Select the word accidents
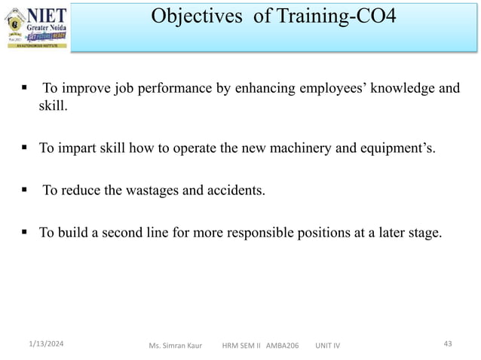click(235, 190)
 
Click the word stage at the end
click(423, 232)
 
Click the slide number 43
click(448, 343)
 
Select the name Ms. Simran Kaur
click(175, 346)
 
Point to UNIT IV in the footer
click(326, 346)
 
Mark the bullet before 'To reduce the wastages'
click(25, 190)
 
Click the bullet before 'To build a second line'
click(25, 232)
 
